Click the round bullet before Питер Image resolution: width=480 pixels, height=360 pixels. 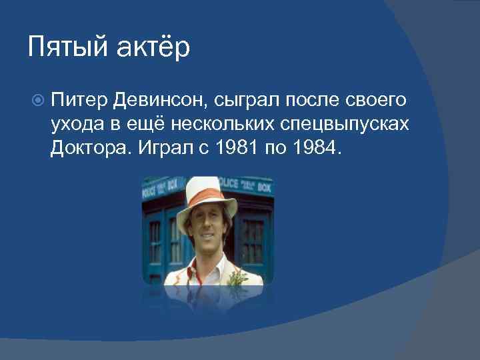click(37, 101)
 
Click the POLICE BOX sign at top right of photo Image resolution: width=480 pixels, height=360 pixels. click(255, 185)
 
